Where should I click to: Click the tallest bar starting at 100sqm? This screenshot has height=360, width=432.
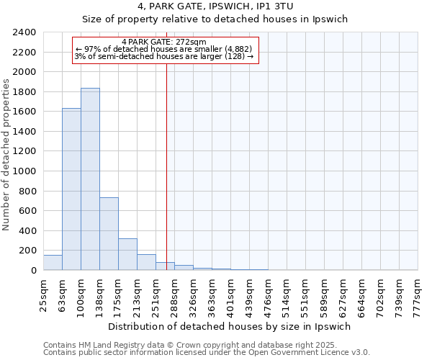click(x=90, y=180)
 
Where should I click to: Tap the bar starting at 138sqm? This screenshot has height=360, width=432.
click(x=109, y=234)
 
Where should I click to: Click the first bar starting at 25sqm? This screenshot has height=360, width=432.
click(x=53, y=263)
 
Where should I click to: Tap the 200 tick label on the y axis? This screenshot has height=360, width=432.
click(x=29, y=251)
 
